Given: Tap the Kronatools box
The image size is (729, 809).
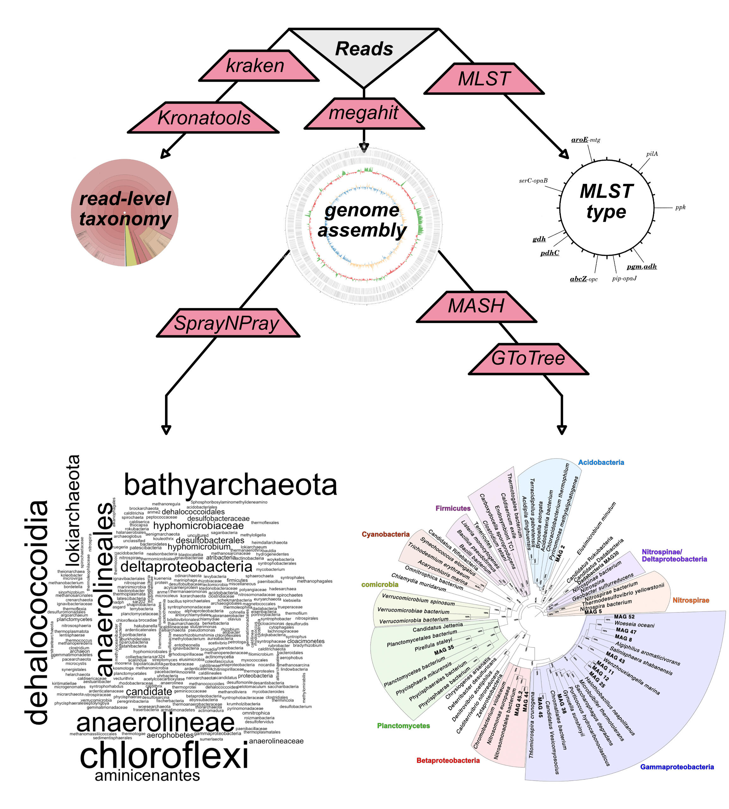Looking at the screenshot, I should point(204,118).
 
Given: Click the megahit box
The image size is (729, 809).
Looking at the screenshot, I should point(364,113).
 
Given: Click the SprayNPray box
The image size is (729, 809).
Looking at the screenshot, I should point(227,323).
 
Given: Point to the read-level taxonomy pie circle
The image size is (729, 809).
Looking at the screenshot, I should point(125,213).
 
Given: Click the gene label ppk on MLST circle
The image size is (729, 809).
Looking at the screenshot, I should point(680,207).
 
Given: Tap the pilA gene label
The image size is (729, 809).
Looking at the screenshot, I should point(652,154).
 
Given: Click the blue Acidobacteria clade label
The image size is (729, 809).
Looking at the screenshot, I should point(601,462).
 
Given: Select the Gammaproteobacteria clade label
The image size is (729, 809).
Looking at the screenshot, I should point(677,767).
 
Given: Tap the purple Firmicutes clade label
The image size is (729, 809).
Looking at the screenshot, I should point(453,508).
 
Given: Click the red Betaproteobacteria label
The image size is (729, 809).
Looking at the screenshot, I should point(448,760).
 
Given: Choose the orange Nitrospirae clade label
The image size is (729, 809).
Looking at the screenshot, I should point(690,600).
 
